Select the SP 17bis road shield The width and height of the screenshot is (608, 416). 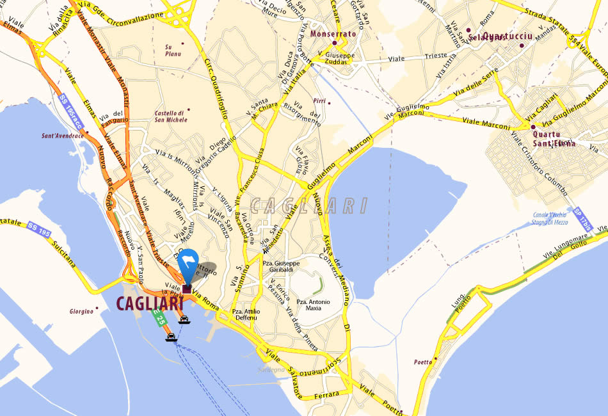tap(583, 220)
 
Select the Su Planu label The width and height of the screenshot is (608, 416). tap(173, 50)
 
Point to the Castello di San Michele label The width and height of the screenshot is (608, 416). tap(171, 116)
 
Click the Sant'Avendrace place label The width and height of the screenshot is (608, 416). tap(62, 136)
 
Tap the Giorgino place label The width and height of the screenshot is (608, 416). tap(82, 312)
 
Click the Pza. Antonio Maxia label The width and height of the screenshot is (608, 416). tap(313, 305)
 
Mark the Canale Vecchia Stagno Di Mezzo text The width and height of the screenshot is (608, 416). tap(551, 219)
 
